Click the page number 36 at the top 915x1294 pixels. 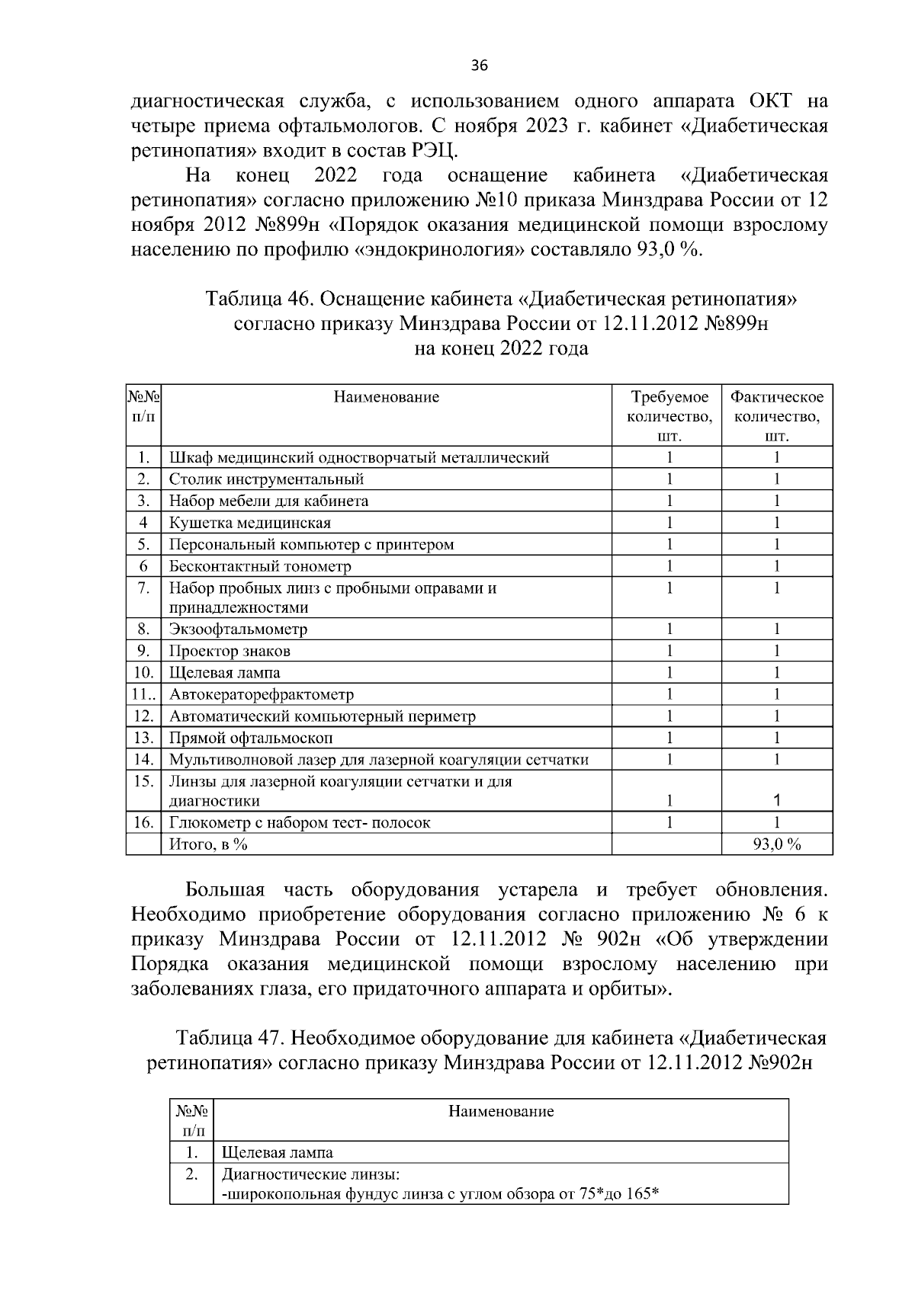coord(479,66)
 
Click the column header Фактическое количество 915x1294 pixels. coord(776,416)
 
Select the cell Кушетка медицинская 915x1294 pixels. coord(249,523)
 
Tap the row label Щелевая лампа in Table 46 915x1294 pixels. coord(224,673)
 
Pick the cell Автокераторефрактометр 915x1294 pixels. coord(261,694)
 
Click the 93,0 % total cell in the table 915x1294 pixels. coord(776,844)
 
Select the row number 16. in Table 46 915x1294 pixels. coord(143,823)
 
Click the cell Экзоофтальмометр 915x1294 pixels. coord(238,629)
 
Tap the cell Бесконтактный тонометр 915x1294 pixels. coord(260,566)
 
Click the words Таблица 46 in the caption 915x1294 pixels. coord(253,298)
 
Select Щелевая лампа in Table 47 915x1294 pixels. coord(277,1153)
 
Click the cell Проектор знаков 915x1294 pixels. coord(229,651)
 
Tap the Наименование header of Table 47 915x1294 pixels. coord(500,1111)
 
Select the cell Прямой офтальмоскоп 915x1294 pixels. coord(250,738)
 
